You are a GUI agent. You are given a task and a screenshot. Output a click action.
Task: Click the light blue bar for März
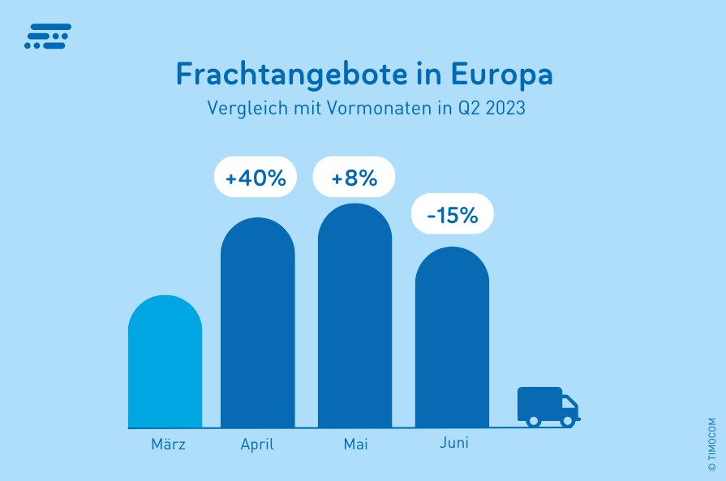point(165,363)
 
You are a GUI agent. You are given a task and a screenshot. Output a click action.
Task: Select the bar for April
point(257,324)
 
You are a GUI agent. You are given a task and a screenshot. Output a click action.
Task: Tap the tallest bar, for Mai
point(354,316)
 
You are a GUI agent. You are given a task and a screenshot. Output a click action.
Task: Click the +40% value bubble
point(256,177)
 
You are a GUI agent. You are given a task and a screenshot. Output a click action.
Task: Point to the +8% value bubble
point(354,177)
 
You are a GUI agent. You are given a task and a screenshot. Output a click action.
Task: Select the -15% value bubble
point(452,214)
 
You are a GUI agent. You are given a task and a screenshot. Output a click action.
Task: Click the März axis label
point(168,444)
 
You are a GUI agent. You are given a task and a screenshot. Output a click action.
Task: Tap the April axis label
point(257,444)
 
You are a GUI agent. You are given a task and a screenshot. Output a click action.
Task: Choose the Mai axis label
point(355,444)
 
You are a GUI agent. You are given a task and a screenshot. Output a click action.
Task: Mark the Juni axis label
point(454,444)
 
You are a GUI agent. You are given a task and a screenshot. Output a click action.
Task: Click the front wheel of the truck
point(567,420)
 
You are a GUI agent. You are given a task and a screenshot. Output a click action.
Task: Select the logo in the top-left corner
point(47,36)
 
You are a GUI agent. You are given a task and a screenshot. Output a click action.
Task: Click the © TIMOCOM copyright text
point(712,445)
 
